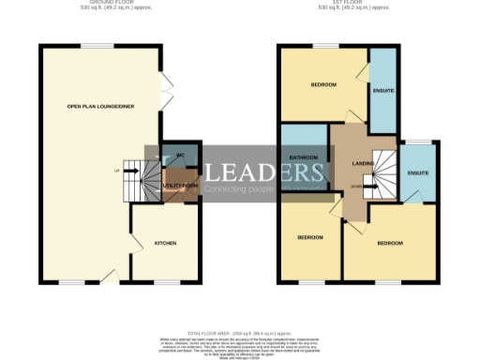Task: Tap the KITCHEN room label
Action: [165, 243]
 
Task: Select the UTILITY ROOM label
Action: [179, 186]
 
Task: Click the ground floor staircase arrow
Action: [122, 172]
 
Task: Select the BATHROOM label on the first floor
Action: [304, 157]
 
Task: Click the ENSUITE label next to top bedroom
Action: [383, 91]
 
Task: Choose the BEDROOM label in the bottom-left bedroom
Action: [310, 237]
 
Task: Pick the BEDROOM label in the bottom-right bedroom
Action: [390, 243]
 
